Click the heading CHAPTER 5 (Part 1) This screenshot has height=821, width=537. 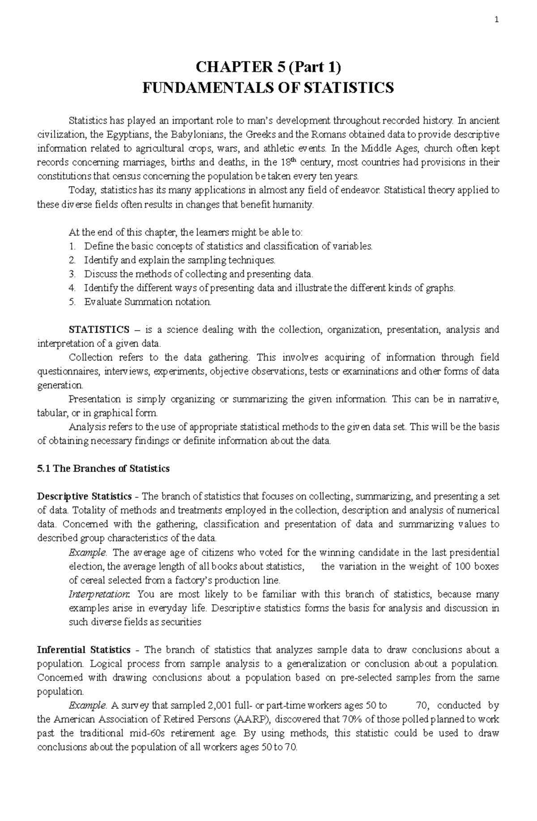(x=268, y=68)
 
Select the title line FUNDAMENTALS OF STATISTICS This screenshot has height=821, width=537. (x=268, y=88)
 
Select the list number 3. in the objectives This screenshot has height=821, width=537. (x=72, y=274)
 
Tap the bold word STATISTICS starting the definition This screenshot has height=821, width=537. (x=98, y=330)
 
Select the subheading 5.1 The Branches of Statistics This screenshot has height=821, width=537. (x=103, y=468)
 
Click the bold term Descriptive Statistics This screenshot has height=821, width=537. (x=84, y=496)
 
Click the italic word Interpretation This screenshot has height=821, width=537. (x=98, y=594)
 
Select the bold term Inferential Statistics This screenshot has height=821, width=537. (x=84, y=650)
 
